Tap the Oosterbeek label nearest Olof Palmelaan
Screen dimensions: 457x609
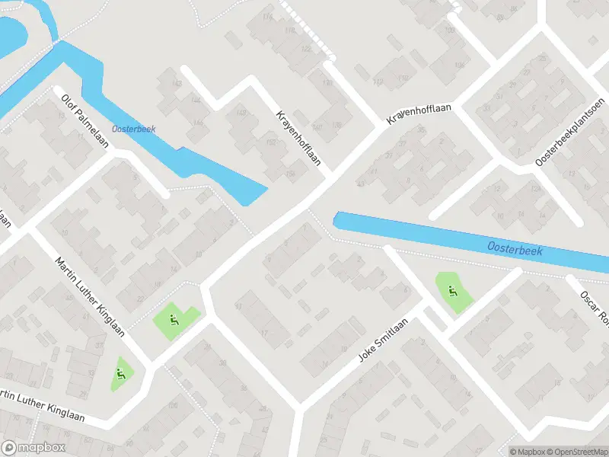[133, 129]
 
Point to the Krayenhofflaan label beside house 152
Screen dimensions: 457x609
[298, 138]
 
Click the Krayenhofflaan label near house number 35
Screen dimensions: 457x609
[419, 114]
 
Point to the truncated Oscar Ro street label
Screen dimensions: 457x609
[594, 305]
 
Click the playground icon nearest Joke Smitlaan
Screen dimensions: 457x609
[453, 290]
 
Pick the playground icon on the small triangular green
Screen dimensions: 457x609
[120, 373]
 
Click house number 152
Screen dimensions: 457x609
[270, 142]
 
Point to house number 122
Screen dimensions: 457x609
[306, 49]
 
